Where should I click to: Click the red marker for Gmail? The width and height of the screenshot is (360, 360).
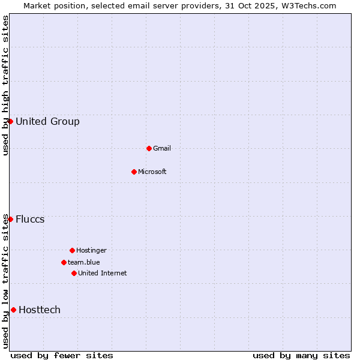pos(149,148)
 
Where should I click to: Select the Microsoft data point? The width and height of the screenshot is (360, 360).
pos(134,172)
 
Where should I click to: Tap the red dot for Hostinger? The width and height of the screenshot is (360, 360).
pos(72,250)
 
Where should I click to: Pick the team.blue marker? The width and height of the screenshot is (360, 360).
pos(64,262)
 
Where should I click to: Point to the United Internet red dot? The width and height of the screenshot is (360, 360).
pos(74,273)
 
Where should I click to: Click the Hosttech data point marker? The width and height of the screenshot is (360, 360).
pos(13,310)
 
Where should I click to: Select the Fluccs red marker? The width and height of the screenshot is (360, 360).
pos(10,219)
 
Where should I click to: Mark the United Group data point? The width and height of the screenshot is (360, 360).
pos(10,121)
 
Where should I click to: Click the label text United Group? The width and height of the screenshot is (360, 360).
pos(47,122)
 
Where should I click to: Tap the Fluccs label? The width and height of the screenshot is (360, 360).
pos(30,220)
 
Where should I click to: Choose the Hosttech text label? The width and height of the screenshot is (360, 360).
pos(40,310)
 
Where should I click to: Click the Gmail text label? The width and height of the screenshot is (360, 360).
pos(162,149)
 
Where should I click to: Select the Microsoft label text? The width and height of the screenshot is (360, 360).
pos(152,172)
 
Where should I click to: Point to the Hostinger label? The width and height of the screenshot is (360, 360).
pos(91,251)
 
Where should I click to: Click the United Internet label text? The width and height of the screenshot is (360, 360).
pos(103,274)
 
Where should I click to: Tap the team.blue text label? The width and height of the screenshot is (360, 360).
pos(84,263)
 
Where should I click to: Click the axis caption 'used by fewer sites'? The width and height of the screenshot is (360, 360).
pos(62,355)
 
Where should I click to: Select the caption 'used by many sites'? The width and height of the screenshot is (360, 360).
pos(301,355)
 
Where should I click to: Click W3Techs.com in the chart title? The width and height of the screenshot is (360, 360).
pos(307,6)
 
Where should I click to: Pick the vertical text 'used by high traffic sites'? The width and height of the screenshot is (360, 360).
pos(6,85)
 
